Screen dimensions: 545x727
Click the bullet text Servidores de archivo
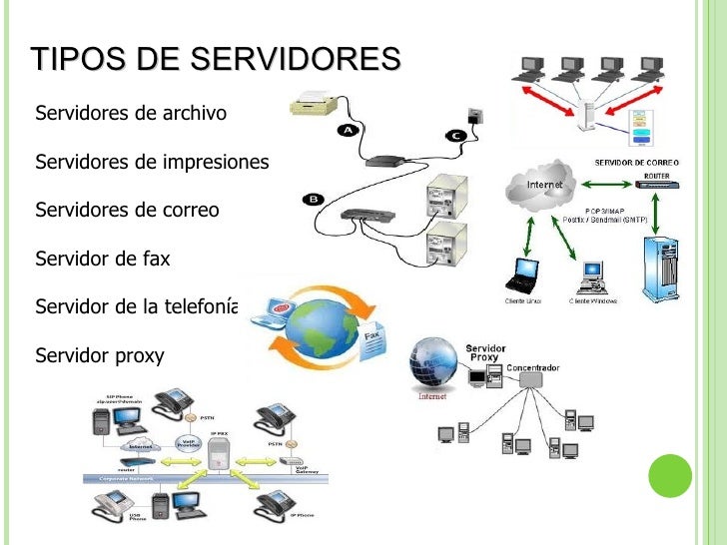click(x=131, y=113)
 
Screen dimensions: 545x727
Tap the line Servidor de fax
click(x=103, y=259)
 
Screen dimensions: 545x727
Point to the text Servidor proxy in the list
click(x=99, y=354)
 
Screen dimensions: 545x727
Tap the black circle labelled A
click(x=350, y=131)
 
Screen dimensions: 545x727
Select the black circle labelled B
click(x=313, y=199)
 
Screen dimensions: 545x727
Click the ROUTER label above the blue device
click(x=656, y=174)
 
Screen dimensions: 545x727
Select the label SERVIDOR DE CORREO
click(x=637, y=162)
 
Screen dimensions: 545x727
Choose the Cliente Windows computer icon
click(x=593, y=274)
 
